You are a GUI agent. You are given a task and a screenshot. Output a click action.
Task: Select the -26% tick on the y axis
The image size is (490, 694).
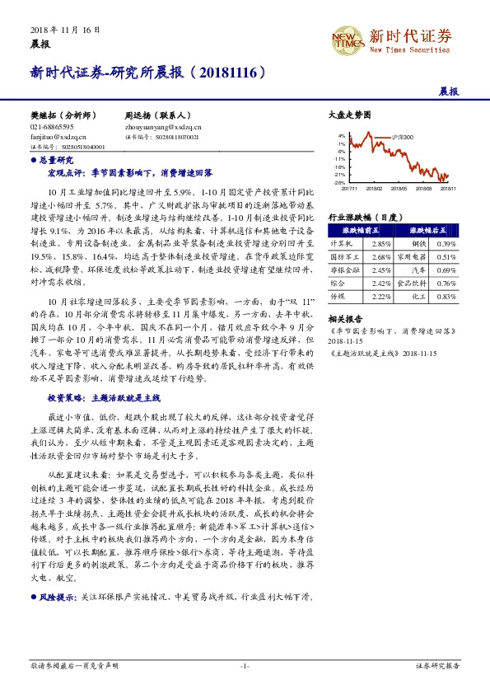point(340,182)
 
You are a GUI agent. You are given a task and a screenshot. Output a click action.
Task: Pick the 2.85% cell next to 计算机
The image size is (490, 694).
point(381,245)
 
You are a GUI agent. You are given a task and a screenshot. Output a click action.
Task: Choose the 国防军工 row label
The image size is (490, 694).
point(341,257)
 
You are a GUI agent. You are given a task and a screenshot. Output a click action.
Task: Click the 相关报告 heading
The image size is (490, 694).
point(341,318)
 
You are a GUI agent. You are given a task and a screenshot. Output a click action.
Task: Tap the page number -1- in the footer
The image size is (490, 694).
point(245,664)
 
